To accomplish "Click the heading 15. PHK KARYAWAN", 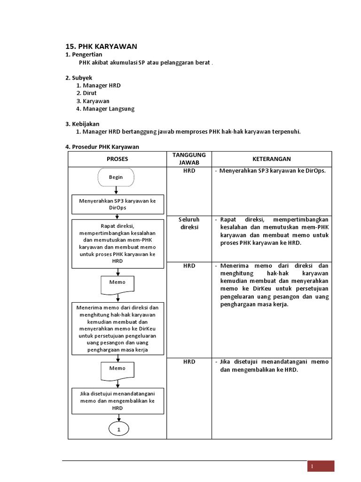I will [101, 46].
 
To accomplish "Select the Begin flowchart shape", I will [116, 177].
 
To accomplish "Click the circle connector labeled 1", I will [119, 429].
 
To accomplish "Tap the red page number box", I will [321, 466].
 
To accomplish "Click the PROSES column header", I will [117, 159].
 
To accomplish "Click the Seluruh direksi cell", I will [189, 223].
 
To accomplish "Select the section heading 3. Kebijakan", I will [82, 124].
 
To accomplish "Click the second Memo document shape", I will [118, 370].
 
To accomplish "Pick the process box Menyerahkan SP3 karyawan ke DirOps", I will [118, 204].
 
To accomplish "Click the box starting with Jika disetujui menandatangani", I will [118, 401].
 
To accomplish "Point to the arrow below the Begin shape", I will [116, 190].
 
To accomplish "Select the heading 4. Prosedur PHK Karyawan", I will [102, 147].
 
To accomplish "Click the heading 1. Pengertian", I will [84, 55].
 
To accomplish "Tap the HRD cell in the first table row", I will [189, 171].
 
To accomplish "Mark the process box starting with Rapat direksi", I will [118, 243].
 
